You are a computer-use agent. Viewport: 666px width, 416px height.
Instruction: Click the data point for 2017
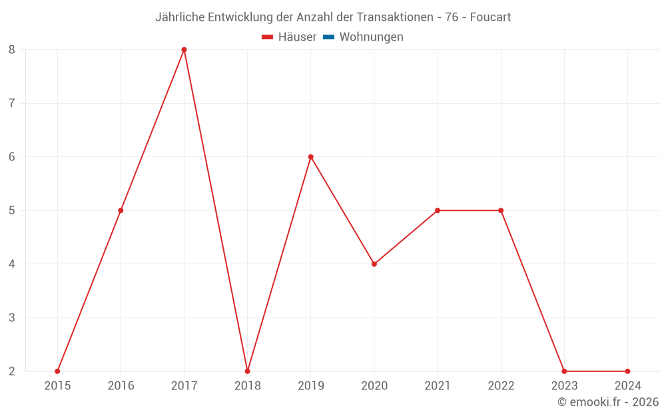[x=184, y=50]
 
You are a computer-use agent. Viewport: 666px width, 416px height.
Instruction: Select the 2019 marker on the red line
[x=311, y=157]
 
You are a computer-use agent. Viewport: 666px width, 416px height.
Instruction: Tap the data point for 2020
[x=374, y=264]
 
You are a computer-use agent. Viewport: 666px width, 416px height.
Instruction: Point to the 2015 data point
[x=57, y=371]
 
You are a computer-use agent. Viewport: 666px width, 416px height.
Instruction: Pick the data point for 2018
[x=247, y=371]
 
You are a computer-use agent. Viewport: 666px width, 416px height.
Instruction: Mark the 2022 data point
[x=501, y=210]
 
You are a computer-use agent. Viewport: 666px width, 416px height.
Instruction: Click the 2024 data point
[x=627, y=371]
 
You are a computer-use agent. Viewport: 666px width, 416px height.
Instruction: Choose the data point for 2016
[x=121, y=210]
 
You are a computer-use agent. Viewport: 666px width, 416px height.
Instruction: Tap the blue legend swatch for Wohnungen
[x=328, y=37]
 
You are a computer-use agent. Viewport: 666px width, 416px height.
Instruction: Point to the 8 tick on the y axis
[x=12, y=50]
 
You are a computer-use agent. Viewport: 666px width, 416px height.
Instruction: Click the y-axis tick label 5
[x=12, y=210]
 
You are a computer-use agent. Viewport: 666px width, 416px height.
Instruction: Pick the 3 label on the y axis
[x=12, y=317]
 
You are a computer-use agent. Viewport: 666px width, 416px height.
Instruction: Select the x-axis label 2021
[x=438, y=385]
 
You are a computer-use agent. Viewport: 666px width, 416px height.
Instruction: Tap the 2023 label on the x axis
[x=564, y=385]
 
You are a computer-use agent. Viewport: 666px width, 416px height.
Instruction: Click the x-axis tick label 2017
[x=184, y=385]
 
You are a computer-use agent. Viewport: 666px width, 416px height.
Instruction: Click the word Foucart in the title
[x=490, y=17]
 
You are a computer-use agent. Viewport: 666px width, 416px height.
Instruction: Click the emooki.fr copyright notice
[x=608, y=402]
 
